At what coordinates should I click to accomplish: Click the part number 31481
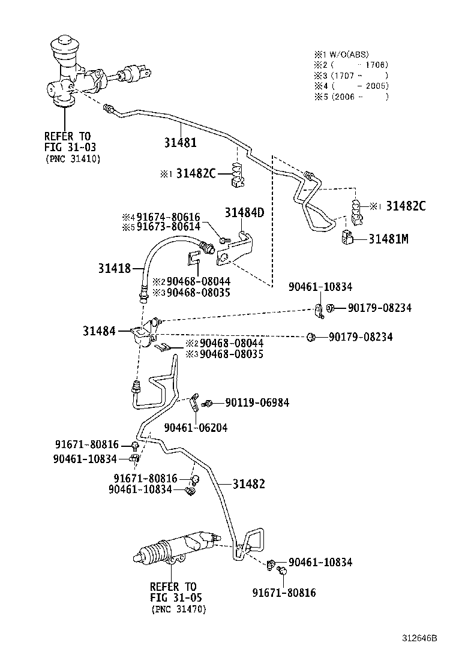pos(181,143)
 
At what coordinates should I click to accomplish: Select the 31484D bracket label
pos(244,212)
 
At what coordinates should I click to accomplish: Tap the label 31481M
pos(388,239)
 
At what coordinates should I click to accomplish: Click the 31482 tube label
pos(248,484)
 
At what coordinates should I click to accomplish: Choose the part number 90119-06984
pos(257,402)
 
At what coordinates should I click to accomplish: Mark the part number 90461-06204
pos(196,428)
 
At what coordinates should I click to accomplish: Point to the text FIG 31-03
pos(70,147)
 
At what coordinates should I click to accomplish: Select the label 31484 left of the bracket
pos(99,331)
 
